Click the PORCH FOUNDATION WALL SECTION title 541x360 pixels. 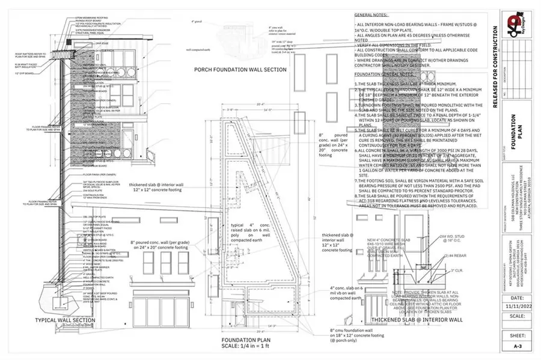click(x=240, y=70)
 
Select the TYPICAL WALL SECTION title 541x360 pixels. click(x=66, y=320)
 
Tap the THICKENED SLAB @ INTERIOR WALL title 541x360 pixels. click(x=417, y=320)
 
